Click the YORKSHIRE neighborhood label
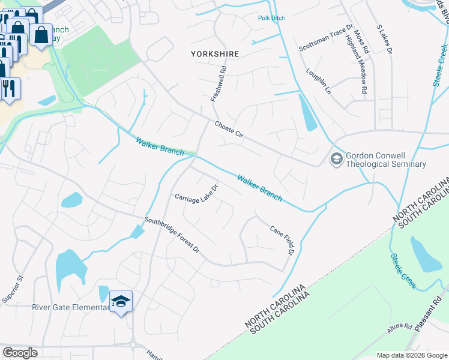pos(215,54)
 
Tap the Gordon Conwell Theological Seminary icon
pos(335,158)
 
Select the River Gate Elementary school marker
pos(121,302)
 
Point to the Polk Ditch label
pos(271,18)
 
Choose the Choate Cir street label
pos(229,129)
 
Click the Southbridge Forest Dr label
pos(171,234)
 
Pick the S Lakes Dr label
pos(384,40)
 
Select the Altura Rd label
pos(399,328)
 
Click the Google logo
pos(20,353)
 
